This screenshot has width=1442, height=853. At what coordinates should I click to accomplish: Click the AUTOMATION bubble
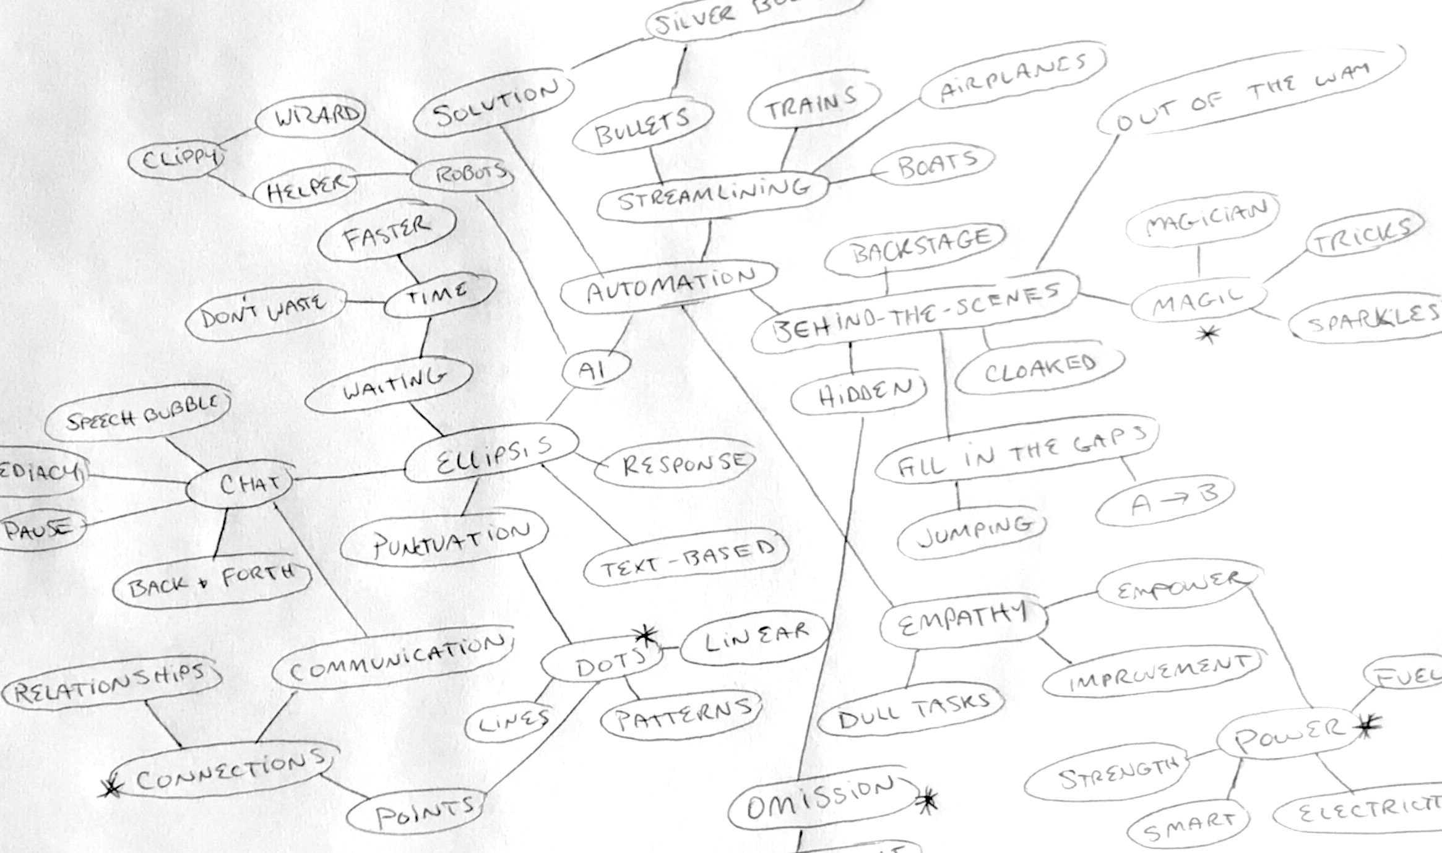pos(668,286)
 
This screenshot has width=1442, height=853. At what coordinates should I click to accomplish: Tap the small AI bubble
pos(595,370)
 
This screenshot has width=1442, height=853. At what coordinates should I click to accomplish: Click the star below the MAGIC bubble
pos(1207,335)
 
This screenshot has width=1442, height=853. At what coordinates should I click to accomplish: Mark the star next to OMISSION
pos(928,800)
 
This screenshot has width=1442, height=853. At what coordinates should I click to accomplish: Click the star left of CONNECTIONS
pos(111,787)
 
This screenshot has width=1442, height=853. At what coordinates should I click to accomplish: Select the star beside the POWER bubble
pos(1369,727)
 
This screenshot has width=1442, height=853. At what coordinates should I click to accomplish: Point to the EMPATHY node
pos(963,620)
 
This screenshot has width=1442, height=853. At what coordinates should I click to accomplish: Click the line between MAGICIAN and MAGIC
pos(1199,261)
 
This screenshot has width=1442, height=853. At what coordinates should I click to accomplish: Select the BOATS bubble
pos(933,164)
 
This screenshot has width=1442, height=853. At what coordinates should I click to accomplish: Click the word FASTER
pos(387,234)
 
